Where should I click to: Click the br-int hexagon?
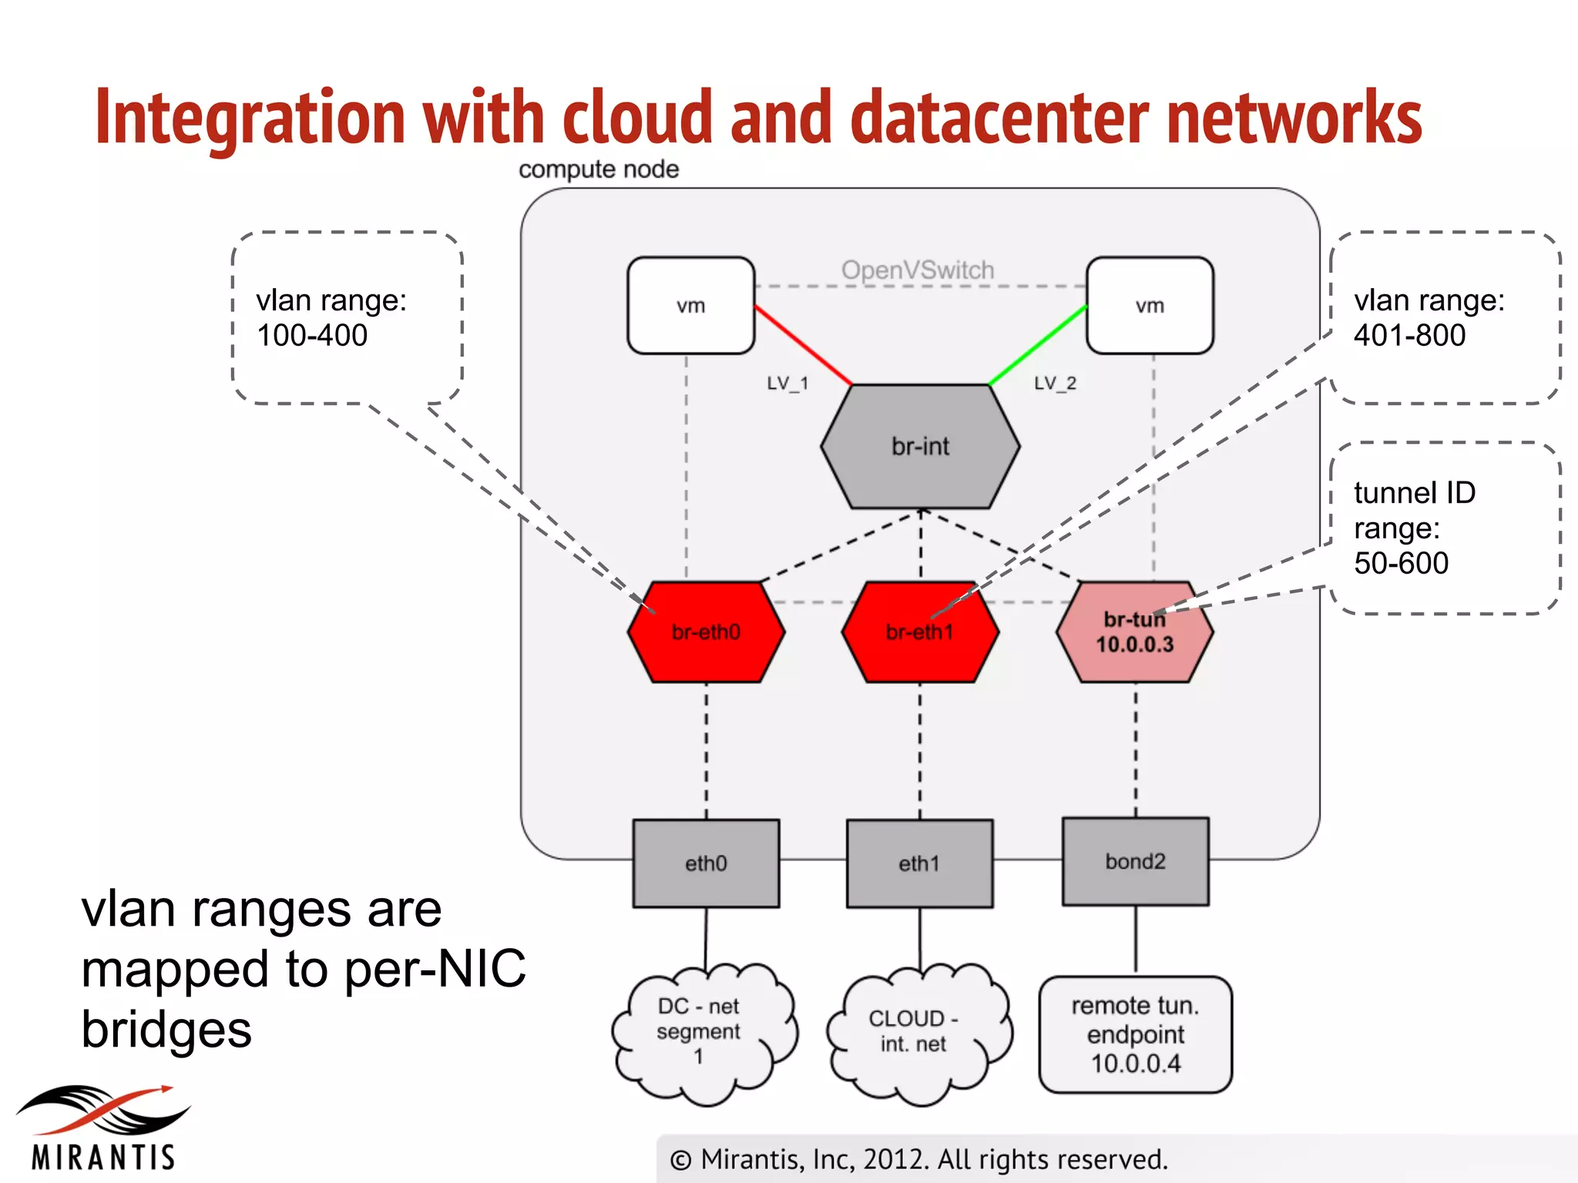[x=920, y=447]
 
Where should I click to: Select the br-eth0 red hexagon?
[x=706, y=633]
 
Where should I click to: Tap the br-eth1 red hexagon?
[x=920, y=633]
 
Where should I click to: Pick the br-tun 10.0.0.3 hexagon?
[x=1134, y=633]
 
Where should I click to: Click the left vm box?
[x=690, y=306]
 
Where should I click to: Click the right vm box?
[x=1150, y=306]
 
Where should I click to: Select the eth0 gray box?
[x=706, y=863]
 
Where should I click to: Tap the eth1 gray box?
[x=919, y=863]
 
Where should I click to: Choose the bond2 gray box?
[x=1135, y=861]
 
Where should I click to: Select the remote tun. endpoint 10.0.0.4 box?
[x=1135, y=1034]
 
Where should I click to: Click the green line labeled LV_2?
[x=1038, y=345]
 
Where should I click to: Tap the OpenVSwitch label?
[x=917, y=270]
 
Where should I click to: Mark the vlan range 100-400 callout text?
[x=331, y=317]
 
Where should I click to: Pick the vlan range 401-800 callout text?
[x=1429, y=317]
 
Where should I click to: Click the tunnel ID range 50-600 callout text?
[x=1414, y=528]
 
